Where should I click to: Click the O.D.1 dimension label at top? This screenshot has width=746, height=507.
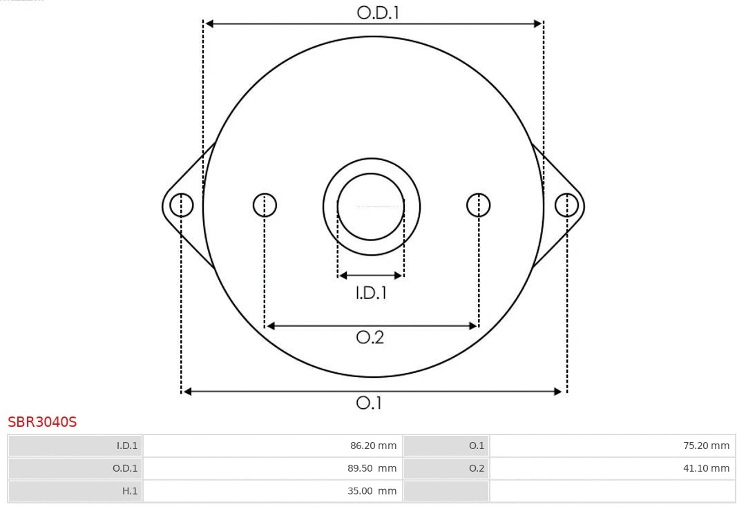(378, 12)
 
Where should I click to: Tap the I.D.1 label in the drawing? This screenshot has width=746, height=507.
(371, 293)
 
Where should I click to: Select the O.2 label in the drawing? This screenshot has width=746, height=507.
(370, 337)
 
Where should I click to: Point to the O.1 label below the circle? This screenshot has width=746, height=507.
(369, 403)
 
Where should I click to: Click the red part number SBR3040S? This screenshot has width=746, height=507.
(42, 421)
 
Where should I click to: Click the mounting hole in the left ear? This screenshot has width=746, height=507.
(182, 205)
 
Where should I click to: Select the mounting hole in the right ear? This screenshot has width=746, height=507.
(566, 205)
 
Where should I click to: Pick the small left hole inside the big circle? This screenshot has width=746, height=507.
(265, 205)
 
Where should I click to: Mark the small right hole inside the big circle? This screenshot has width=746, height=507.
(479, 205)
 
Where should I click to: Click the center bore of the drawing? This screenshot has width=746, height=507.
(371, 207)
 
